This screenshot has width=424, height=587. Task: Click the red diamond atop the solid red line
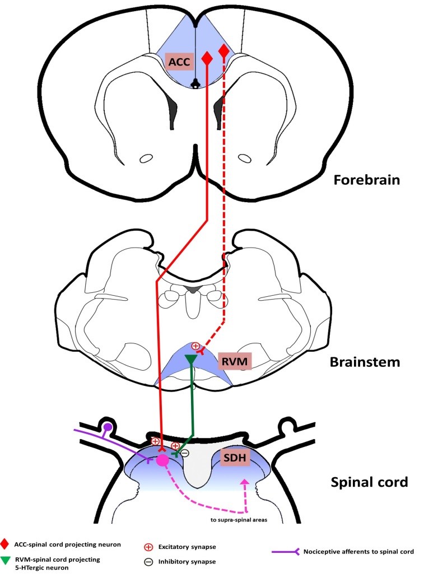click(x=207, y=58)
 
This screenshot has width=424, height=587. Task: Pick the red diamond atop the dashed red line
click(x=224, y=52)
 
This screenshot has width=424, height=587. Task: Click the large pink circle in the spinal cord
click(x=162, y=460)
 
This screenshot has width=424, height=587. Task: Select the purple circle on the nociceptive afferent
click(x=108, y=428)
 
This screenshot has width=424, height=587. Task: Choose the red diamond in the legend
click(x=5, y=543)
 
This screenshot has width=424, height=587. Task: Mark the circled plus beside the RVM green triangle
click(x=195, y=346)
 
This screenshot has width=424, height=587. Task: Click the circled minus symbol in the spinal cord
click(x=184, y=452)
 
